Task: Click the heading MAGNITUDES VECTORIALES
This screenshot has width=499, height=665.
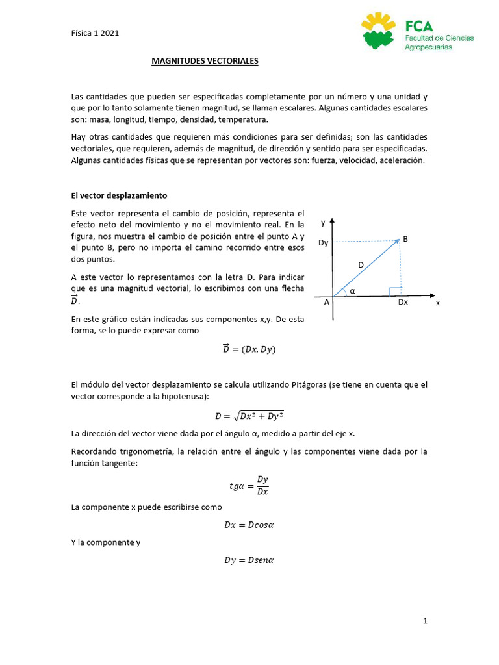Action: (205, 61)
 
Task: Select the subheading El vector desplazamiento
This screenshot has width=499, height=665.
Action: (119, 195)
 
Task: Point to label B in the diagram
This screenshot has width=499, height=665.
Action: (405, 239)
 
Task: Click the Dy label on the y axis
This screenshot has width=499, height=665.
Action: (323, 243)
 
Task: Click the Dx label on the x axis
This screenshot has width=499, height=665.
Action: (403, 302)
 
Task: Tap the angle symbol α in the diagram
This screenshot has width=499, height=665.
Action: (353, 291)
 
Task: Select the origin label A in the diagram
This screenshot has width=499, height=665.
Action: (326, 302)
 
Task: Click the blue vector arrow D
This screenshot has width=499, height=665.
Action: (366, 268)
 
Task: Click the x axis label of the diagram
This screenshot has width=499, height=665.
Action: (438, 303)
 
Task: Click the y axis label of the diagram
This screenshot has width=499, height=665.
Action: (323, 222)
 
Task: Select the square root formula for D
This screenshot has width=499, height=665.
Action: (249, 416)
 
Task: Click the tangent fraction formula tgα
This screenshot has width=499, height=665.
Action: (249, 485)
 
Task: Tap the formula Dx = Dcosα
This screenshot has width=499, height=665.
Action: (249, 525)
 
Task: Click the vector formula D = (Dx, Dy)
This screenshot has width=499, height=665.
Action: (249, 349)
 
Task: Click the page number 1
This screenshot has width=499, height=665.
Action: (425, 621)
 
